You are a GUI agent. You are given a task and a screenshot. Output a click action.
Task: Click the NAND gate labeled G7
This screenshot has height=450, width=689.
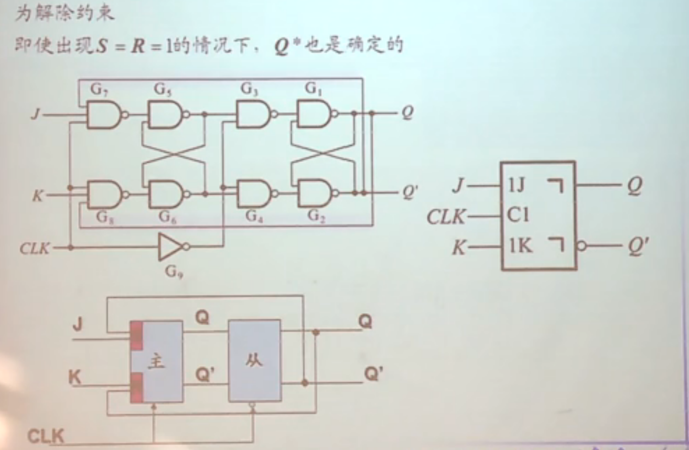click(103, 115)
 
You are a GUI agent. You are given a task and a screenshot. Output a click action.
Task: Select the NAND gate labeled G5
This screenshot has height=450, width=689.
click(165, 115)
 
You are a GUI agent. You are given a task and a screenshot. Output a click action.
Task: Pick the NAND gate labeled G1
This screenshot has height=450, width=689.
click(314, 115)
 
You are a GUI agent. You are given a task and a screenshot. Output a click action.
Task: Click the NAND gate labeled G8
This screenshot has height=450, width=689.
click(103, 195)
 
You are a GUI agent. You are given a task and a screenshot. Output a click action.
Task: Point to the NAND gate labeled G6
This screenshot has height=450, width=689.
click(165, 195)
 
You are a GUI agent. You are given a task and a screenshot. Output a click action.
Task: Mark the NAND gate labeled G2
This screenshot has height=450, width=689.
click(314, 195)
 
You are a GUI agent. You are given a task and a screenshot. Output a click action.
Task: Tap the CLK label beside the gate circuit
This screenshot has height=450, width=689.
click(35, 248)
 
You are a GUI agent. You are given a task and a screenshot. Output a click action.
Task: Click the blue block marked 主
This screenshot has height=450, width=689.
click(157, 362)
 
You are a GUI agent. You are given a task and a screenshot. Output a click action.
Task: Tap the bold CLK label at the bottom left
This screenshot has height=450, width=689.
click(45, 436)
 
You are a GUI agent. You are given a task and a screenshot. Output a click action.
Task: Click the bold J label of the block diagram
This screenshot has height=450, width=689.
click(78, 325)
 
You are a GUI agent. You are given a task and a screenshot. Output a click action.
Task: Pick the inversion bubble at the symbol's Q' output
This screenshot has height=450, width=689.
click(580, 245)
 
